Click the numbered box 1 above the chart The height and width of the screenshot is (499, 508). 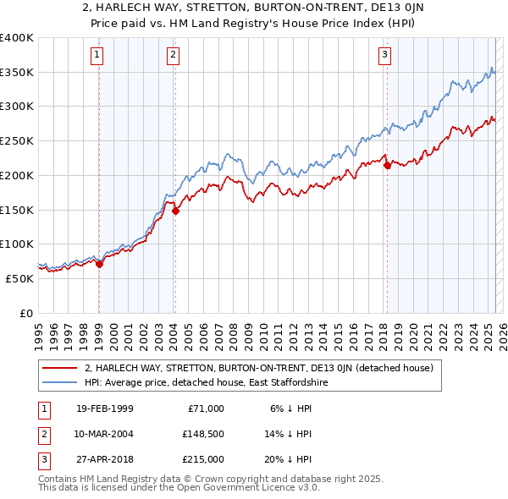[98, 56]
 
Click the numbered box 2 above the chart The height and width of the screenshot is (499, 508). [173, 56]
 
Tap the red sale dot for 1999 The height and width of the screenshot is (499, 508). [99, 264]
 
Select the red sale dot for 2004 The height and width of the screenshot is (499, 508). [175, 211]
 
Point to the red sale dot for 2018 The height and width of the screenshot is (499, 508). [387, 166]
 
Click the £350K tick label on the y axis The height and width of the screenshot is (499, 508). [17, 73]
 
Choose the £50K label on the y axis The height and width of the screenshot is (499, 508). [20, 278]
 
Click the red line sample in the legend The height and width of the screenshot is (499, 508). [60, 368]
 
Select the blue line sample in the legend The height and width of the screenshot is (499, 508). [60, 383]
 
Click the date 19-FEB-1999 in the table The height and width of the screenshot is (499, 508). [102, 409]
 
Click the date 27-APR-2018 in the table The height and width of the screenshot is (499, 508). [102, 459]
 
